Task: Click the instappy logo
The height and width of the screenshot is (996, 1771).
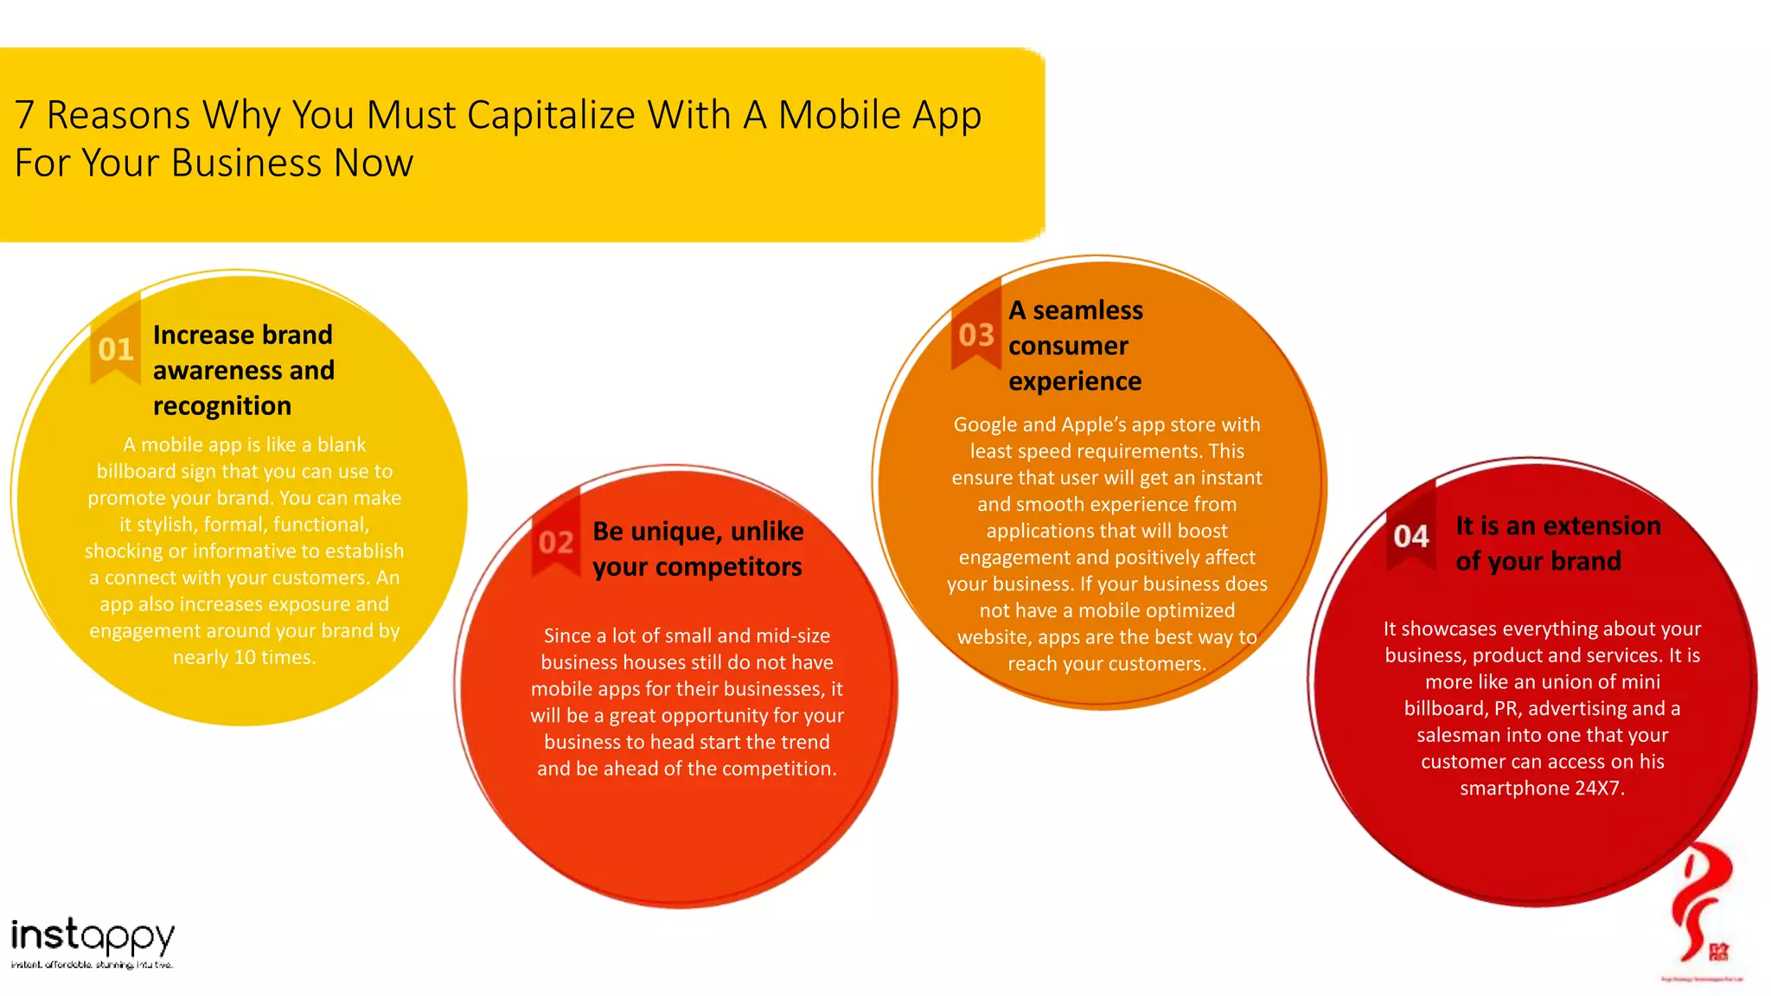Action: [93, 942]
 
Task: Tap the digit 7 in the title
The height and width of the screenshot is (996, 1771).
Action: [24, 115]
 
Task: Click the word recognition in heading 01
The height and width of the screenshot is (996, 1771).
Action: [222, 406]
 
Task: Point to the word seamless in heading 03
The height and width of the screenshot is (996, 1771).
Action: [1088, 310]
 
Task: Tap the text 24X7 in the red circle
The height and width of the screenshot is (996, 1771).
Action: [1600, 788]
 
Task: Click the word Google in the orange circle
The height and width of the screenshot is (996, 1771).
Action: [985, 425]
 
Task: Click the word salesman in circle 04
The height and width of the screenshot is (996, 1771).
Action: [1455, 736]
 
